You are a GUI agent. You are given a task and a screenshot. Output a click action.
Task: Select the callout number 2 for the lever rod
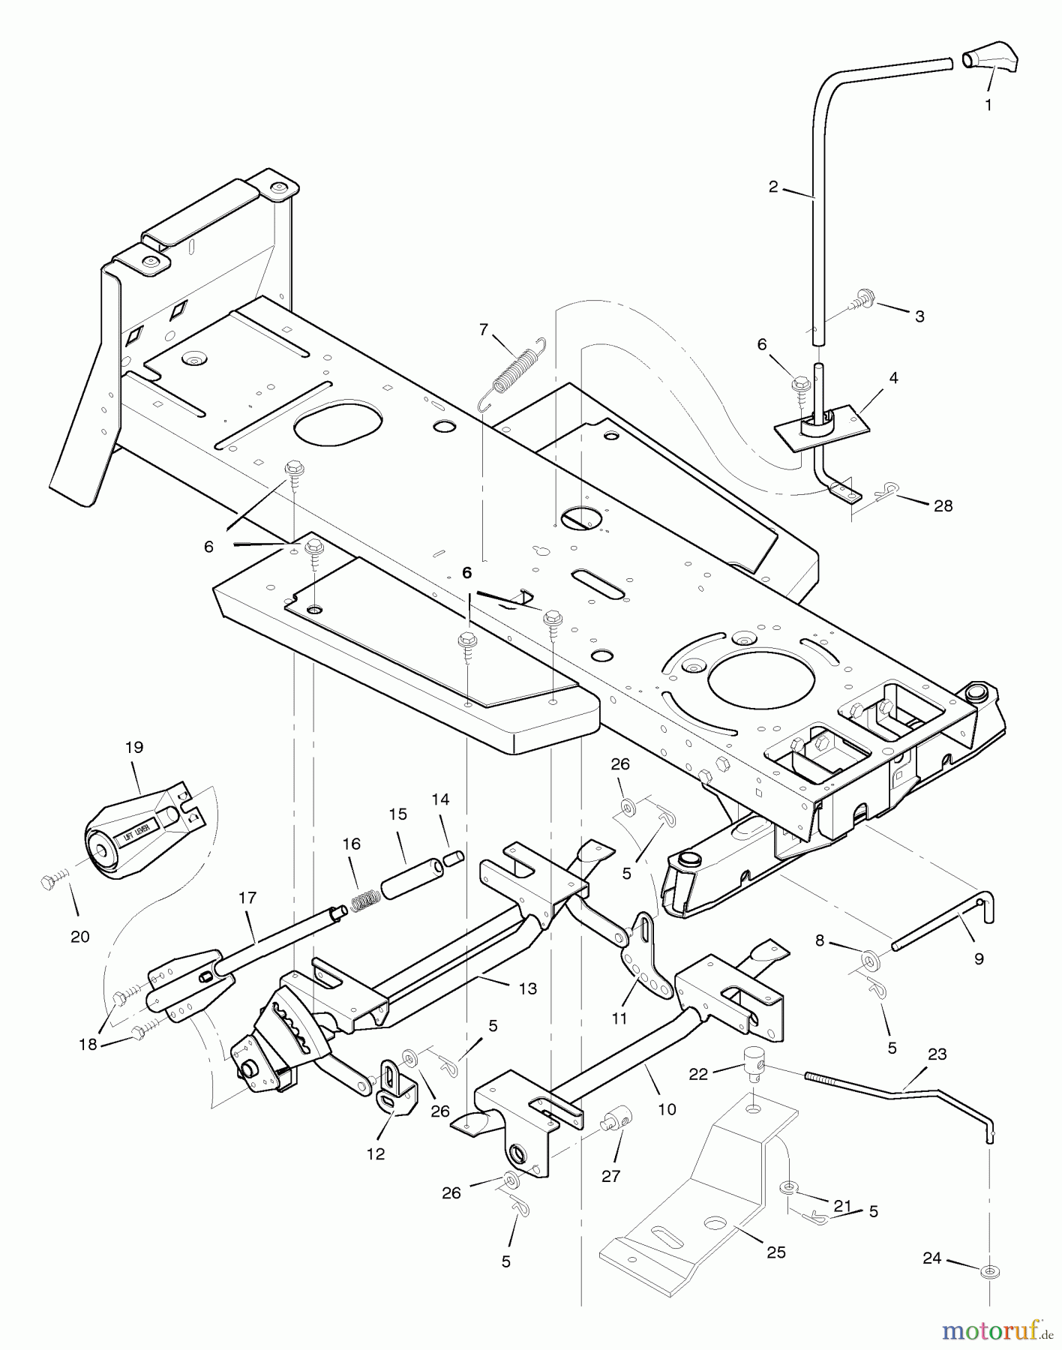pos(773,187)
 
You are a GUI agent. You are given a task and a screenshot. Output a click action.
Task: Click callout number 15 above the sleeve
pos(397,814)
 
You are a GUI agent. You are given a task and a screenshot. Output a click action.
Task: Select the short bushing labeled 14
pos(454,858)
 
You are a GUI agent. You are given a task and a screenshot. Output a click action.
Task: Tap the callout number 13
pos(528,988)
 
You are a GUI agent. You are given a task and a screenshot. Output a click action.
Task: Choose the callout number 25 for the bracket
pos(775,1252)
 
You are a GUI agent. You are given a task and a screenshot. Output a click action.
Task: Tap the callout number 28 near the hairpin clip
pos(943,505)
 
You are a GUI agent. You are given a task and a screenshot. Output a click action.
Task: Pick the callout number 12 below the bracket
pos(376,1153)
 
